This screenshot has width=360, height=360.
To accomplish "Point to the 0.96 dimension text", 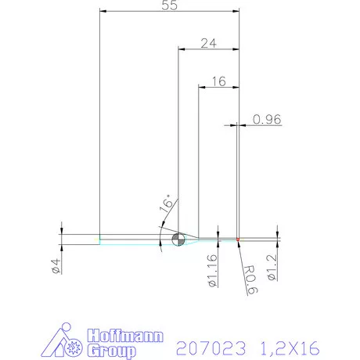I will pyautogui.click(x=267, y=120).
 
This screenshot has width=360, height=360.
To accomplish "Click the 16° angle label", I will pyautogui.click(x=167, y=205).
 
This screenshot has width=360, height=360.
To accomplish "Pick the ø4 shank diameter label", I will pyautogui.click(x=56, y=266).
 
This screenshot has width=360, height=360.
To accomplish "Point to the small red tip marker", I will pyautogui.click(x=237, y=239).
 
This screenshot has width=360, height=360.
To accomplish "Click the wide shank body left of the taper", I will pyautogui.click(x=81, y=239).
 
